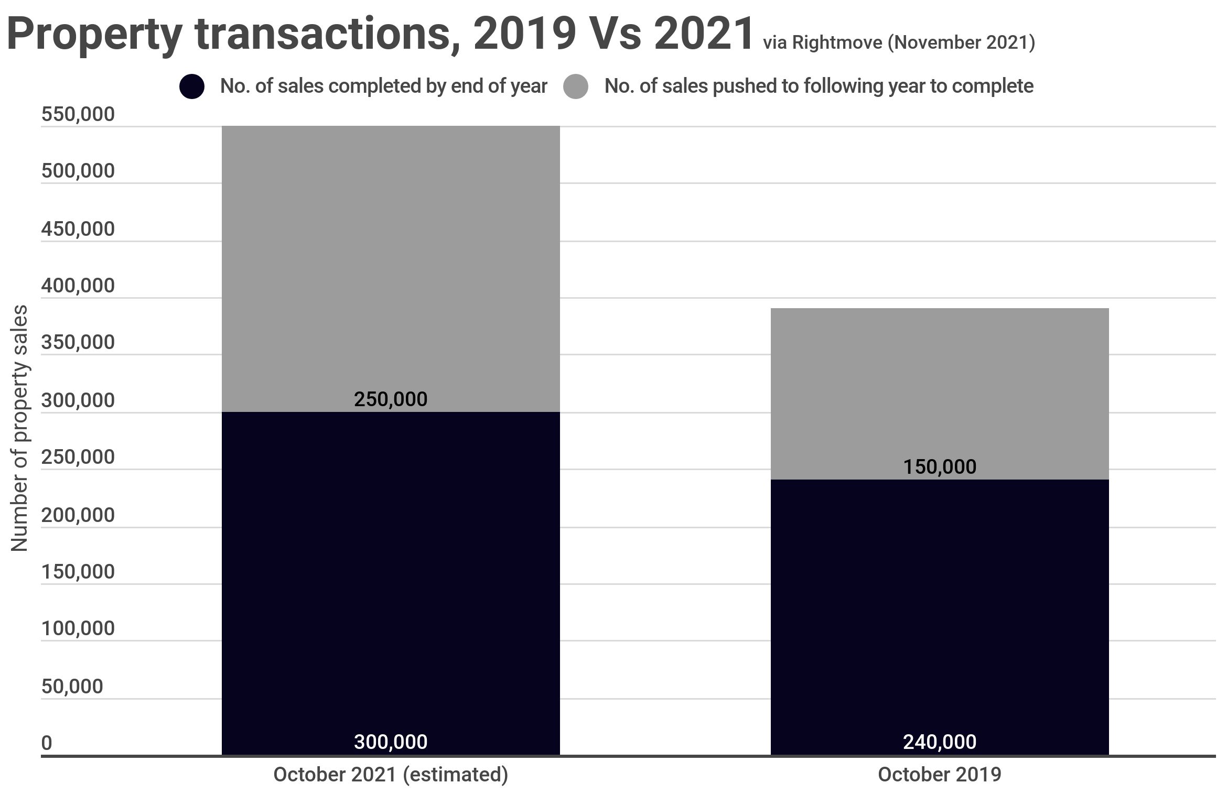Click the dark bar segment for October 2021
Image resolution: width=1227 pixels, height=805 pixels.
tap(391, 576)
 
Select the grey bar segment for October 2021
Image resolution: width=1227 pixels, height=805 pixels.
tap(391, 262)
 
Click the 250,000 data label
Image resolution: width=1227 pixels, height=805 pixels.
tap(391, 399)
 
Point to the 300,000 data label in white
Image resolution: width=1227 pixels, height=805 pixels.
tap(391, 742)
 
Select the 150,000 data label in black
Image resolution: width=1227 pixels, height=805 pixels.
tap(940, 466)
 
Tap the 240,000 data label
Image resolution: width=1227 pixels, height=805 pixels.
tap(940, 742)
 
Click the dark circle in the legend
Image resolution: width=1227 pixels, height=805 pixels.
tap(192, 86)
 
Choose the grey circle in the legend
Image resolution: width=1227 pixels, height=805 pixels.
tap(576, 86)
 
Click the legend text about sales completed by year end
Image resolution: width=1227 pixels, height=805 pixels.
tap(384, 86)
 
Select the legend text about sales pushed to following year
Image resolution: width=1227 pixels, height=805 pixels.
tap(819, 86)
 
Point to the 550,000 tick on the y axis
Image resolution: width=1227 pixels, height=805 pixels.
tap(78, 114)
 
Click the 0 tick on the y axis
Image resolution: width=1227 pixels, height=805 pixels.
tap(47, 743)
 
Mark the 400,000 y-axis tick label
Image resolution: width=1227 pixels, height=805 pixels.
tap(78, 286)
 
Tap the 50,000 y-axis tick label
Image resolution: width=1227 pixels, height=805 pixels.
tap(72, 686)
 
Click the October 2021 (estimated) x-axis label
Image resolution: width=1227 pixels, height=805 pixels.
tap(391, 775)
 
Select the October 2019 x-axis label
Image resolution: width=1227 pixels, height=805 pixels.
tap(940, 775)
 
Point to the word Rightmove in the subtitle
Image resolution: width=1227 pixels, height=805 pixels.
tap(837, 42)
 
